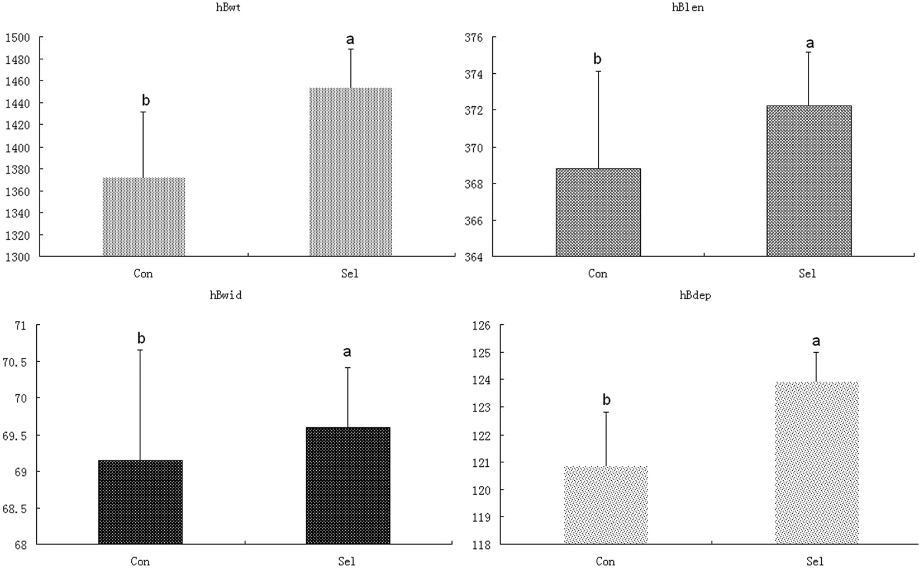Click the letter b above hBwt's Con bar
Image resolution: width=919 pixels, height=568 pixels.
coord(146,101)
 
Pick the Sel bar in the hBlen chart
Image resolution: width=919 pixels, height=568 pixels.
coord(808,181)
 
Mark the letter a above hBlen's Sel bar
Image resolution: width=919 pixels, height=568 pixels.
coord(810,43)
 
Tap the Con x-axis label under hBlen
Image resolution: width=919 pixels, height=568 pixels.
coord(597,274)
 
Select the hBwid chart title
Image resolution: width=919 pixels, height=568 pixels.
coord(226,295)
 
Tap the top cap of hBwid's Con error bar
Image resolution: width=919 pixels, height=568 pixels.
coord(140,351)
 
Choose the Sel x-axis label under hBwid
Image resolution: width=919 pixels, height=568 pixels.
coord(346,561)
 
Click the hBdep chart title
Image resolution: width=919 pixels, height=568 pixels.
coord(695,295)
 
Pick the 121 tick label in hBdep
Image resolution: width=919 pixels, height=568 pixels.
coord(480,463)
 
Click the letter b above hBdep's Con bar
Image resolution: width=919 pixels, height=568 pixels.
coord(606,400)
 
